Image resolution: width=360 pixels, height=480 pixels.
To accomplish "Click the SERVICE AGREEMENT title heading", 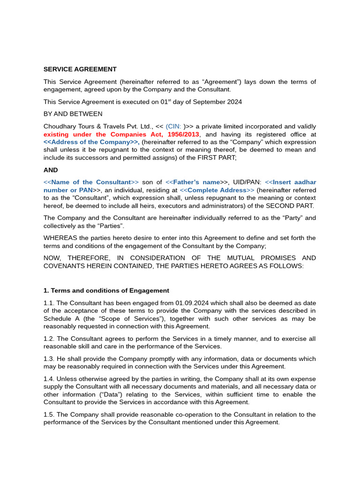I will click(80, 69).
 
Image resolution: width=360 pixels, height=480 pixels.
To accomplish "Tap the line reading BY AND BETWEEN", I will click(73, 114).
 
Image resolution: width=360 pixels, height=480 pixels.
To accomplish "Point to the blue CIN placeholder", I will click(174, 127).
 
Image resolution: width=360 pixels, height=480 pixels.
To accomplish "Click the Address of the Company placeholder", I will click(91, 142).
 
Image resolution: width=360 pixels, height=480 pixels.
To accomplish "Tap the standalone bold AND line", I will click(51, 170).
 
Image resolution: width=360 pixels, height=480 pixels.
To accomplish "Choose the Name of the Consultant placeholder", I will click(91, 182).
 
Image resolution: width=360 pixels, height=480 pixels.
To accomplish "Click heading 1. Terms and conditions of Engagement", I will click(106, 291).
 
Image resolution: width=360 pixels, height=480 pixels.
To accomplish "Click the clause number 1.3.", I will click(49, 359).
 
